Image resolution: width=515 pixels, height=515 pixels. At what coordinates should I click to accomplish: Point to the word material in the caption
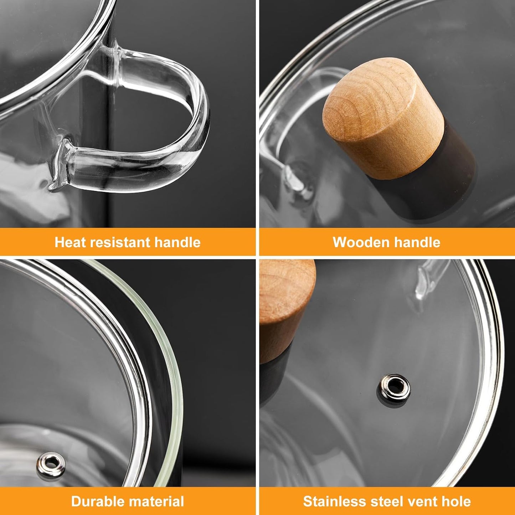click(x=155, y=501)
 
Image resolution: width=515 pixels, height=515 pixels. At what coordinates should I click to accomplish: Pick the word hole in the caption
click(x=456, y=501)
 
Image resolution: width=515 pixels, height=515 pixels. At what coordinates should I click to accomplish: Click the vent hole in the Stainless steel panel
click(x=394, y=386)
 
